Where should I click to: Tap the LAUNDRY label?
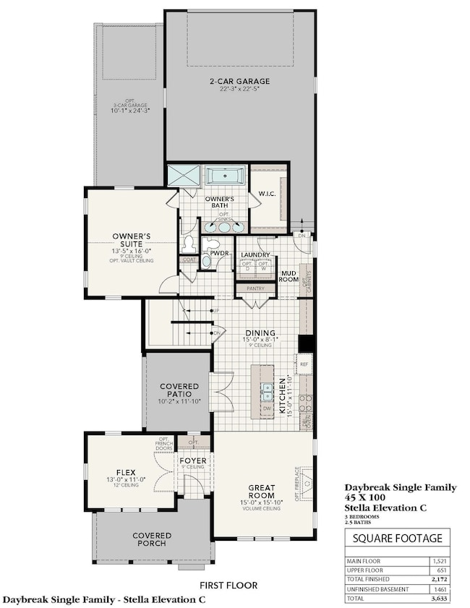tap(256, 255)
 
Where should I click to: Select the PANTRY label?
tap(255, 287)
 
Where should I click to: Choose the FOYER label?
tap(193, 461)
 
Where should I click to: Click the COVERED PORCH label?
tap(152, 540)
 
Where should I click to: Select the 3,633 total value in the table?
tap(436, 599)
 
